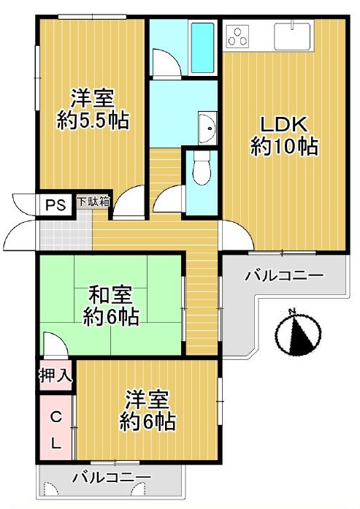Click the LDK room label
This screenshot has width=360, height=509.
(x=284, y=125)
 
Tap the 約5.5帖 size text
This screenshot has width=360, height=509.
(x=93, y=120)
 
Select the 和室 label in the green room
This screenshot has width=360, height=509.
(x=111, y=295)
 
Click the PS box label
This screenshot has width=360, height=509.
(x=55, y=205)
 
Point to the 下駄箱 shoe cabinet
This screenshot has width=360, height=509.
(x=93, y=202)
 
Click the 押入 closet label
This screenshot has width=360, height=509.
(x=55, y=375)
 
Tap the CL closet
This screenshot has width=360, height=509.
(x=55, y=427)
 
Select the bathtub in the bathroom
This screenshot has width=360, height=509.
(x=202, y=47)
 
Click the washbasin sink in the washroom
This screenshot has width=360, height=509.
(x=207, y=128)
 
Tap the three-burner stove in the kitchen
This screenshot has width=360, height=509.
(x=238, y=37)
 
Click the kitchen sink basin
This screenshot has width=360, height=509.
(x=293, y=37)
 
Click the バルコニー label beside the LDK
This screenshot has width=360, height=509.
(x=284, y=276)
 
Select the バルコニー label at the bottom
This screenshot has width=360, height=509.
(x=112, y=478)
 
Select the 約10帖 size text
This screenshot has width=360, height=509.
(x=284, y=146)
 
